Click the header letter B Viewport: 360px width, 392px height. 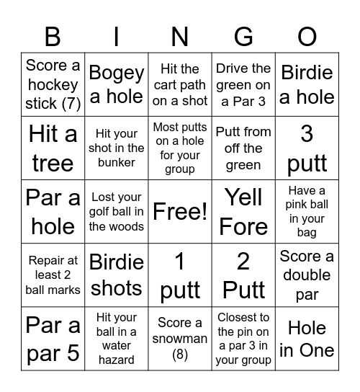[x=53, y=36]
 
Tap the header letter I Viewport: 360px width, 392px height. [x=116, y=36]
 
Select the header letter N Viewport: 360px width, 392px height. [x=180, y=36]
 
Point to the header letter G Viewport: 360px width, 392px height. [x=243, y=36]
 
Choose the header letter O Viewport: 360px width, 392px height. [x=307, y=36]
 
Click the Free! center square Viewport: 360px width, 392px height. [x=180, y=212]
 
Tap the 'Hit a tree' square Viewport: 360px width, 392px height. [x=53, y=148]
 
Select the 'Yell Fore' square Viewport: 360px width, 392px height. [x=243, y=212]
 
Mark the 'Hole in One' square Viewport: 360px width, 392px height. [x=307, y=339]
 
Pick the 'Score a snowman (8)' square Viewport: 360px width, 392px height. [x=180, y=339]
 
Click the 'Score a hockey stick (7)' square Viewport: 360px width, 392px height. [x=53, y=84]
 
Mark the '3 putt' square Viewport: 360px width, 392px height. [x=307, y=148]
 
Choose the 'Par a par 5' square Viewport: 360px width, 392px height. [x=53, y=339]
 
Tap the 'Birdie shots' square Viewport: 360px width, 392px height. [x=116, y=275]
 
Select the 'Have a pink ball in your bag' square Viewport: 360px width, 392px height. [x=307, y=212]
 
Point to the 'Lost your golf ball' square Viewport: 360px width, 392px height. [x=116, y=212]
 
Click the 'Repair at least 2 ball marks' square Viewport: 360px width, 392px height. [x=53, y=275]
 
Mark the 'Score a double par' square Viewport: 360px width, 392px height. [x=307, y=275]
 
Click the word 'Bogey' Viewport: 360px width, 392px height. [x=116, y=73]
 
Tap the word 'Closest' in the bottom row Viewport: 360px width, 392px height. [x=243, y=317]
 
